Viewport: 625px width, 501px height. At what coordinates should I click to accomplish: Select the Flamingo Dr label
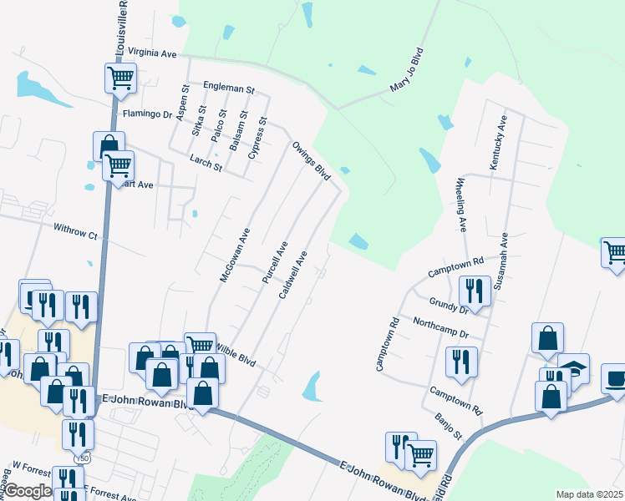click(x=146, y=114)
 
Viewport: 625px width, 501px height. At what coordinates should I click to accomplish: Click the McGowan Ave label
click(x=235, y=256)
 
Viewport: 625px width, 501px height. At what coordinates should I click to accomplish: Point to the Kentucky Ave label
click(x=497, y=143)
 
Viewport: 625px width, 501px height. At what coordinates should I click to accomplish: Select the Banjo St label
click(x=448, y=426)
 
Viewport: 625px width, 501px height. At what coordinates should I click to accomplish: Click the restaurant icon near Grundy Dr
click(x=475, y=291)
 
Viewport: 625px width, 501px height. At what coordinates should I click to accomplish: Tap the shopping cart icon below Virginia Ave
click(x=120, y=78)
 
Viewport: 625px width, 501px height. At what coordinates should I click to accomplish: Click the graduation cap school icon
click(x=573, y=368)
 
